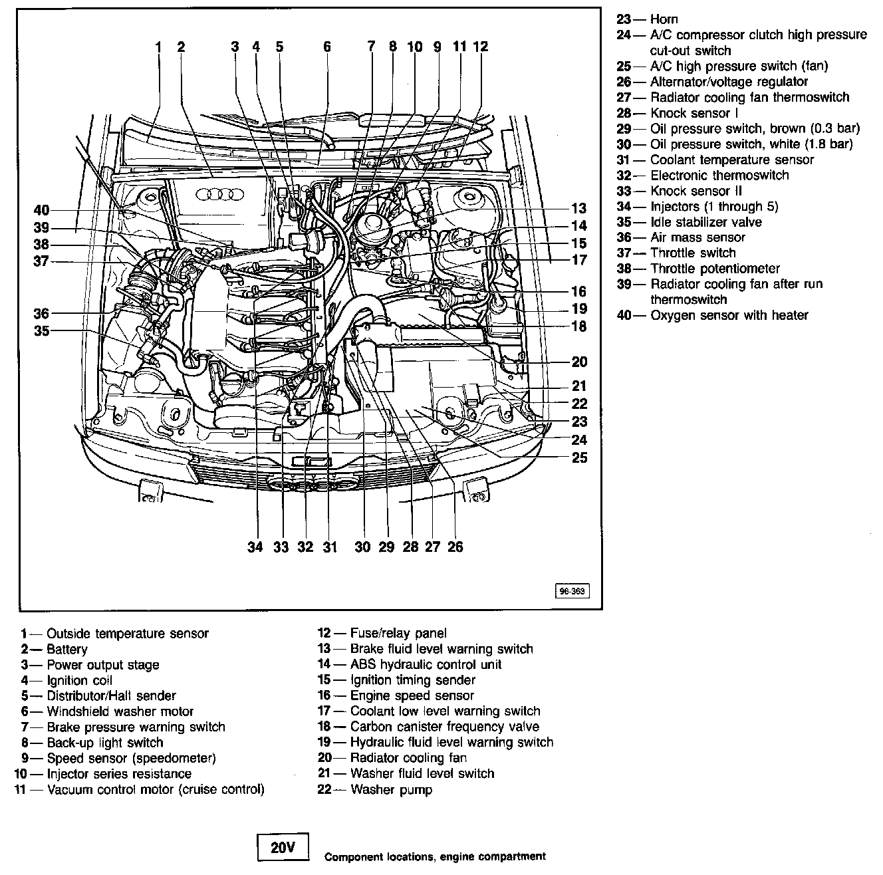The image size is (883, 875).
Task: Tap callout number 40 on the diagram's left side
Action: point(41,211)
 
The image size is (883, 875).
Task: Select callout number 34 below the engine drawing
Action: point(255,547)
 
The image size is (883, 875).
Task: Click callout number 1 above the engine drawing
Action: point(158,47)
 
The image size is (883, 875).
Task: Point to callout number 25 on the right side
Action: point(580,458)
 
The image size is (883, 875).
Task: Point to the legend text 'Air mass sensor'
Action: point(697,237)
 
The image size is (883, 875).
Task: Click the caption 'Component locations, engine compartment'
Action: point(436,856)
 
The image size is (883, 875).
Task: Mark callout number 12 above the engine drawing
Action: point(481,47)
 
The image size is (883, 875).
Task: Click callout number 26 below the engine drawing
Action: point(455,547)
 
